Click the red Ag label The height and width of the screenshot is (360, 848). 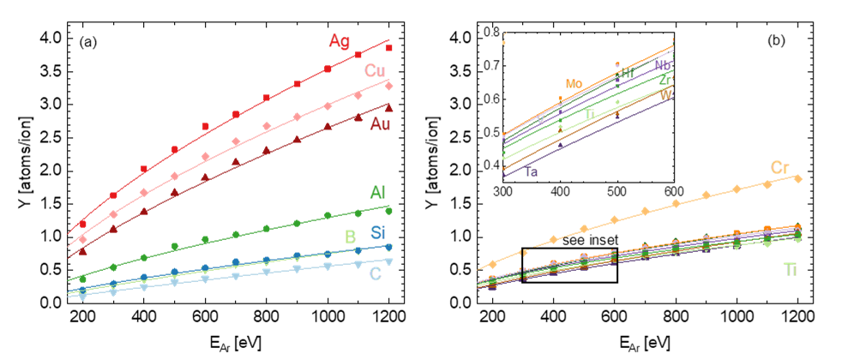pos(340,41)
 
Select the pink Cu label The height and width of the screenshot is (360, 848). pos(375,70)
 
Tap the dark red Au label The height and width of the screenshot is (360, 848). pos(380,124)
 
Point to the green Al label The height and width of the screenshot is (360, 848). pos(377,192)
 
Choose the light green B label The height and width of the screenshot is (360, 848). pos(350,237)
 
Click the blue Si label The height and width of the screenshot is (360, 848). pos(378,232)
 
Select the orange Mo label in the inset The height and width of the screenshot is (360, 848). pos(574,84)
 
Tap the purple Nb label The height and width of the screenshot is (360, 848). pos(663,65)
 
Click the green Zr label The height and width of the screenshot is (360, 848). pos(665,80)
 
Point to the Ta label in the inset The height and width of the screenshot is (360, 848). pos(532,172)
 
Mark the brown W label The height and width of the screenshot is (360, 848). pos(665,95)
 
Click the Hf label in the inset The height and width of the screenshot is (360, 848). pos(628,74)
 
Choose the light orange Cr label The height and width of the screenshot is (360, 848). pos(779,168)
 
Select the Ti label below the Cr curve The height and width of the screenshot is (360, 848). pos(791,270)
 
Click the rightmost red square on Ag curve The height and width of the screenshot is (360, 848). pos(388,48)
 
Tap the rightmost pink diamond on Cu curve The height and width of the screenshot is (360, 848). pos(389,87)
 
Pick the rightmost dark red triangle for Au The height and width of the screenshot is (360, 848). pos(388,108)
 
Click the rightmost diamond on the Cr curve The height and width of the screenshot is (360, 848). pos(798,178)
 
